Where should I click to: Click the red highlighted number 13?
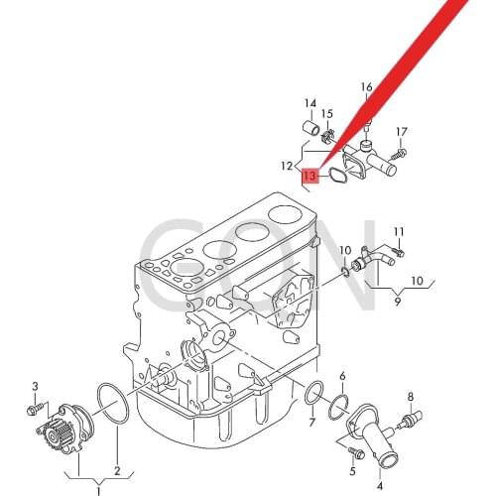tap(310, 176)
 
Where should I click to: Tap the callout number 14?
tap(310, 103)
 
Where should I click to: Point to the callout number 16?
tap(366, 87)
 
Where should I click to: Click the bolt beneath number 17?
tap(398, 154)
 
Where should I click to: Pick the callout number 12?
tap(287, 166)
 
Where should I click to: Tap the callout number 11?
tap(399, 231)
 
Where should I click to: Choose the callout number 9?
tap(398, 302)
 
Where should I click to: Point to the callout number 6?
tap(342, 376)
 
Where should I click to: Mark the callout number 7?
tap(312, 422)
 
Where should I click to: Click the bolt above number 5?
tap(355, 452)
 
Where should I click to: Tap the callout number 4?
tap(380, 486)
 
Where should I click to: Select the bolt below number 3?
tap(35, 408)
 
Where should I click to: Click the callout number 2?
tap(117, 471)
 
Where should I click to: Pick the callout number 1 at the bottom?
tap(98, 491)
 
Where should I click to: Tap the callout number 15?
tap(327, 114)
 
